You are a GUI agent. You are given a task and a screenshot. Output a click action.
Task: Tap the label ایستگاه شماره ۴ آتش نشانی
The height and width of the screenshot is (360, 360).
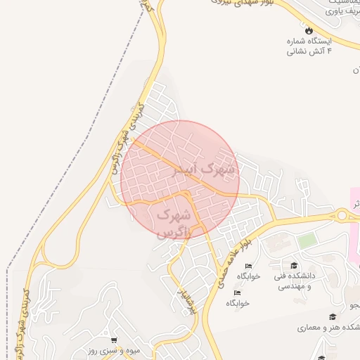[309, 46]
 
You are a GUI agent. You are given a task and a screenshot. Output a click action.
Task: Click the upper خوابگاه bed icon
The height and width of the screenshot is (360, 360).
[247, 266]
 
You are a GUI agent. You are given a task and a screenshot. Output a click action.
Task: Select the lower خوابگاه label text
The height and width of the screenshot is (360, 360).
[237, 303]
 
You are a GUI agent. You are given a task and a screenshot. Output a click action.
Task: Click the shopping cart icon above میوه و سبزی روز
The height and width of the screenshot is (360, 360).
[114, 340]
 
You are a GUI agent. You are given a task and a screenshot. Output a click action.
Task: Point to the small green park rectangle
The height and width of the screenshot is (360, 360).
[307, 240]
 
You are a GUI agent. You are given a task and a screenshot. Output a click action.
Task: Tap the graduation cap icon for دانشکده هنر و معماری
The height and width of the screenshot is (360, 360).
[331, 317]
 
